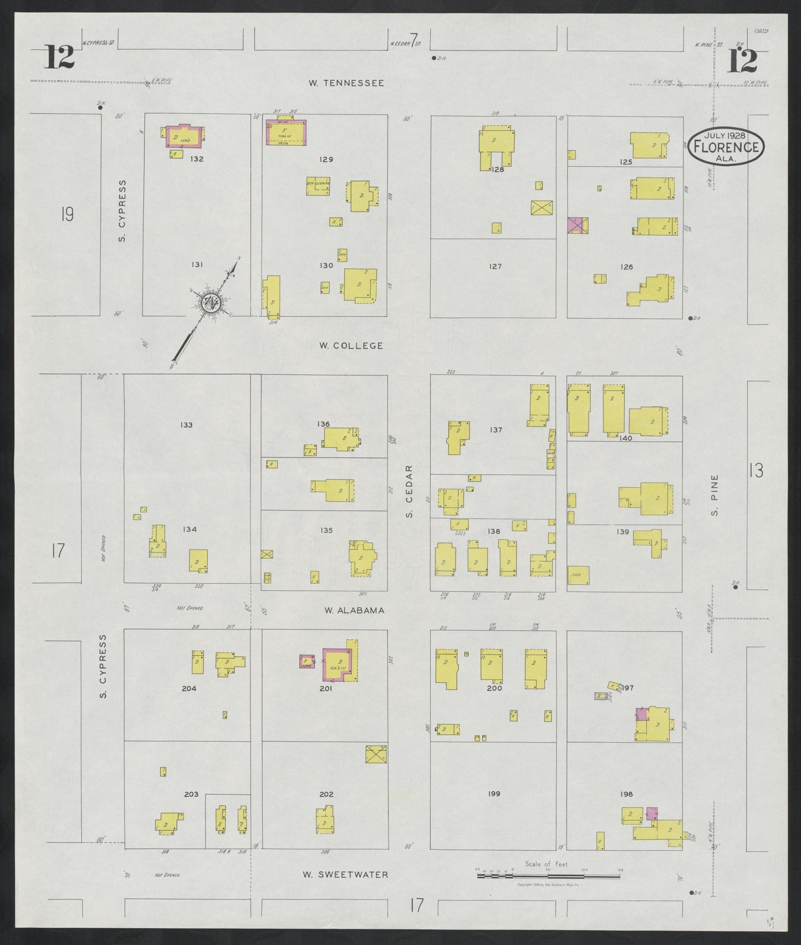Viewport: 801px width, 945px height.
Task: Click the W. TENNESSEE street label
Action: pyautogui.click(x=346, y=83)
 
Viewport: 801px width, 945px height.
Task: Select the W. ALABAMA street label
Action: pyautogui.click(x=354, y=610)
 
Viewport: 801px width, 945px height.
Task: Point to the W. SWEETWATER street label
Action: pyautogui.click(x=345, y=875)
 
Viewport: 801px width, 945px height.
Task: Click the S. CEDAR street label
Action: pyautogui.click(x=410, y=492)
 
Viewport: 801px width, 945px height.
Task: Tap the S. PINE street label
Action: pyautogui.click(x=715, y=495)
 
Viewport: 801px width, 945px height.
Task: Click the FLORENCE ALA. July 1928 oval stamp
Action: pyautogui.click(x=726, y=147)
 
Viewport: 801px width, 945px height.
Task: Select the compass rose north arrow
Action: pyautogui.click(x=211, y=302)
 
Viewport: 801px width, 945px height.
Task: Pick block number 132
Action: pyautogui.click(x=197, y=159)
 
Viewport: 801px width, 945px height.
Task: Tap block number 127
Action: pyautogui.click(x=495, y=267)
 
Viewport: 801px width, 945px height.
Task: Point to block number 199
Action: pyautogui.click(x=494, y=794)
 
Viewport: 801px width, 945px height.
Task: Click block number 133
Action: pyautogui.click(x=186, y=425)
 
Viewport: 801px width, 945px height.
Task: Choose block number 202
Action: pyautogui.click(x=326, y=794)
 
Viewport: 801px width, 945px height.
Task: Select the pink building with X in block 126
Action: pyautogui.click(x=578, y=226)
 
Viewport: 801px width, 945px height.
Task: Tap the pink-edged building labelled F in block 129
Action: pyautogui.click(x=286, y=132)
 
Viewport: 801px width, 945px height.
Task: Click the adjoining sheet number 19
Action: pyautogui.click(x=67, y=214)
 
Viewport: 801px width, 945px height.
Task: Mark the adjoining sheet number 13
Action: pyautogui.click(x=756, y=471)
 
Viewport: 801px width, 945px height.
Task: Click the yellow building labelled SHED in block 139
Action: pyautogui.click(x=578, y=575)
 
